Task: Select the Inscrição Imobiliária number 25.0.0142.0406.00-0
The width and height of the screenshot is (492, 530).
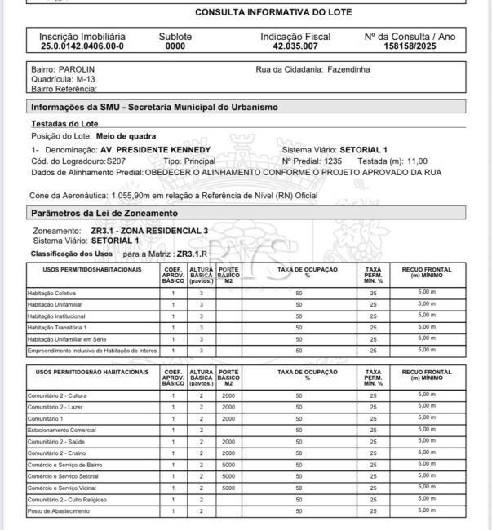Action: pos(82,46)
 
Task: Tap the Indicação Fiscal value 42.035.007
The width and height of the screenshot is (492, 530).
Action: pos(295,46)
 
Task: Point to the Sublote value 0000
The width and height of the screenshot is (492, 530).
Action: pos(175,46)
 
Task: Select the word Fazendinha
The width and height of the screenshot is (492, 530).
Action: pos(348,69)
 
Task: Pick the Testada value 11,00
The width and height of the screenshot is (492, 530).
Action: pos(416,161)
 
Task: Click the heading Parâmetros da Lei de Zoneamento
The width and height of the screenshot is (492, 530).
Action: pos(104,213)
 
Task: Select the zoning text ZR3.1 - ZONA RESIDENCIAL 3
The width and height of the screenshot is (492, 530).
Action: pos(149,231)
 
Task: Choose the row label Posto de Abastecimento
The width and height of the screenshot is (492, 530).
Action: pos(57,510)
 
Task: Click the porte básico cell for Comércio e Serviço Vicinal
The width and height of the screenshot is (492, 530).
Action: pos(228,488)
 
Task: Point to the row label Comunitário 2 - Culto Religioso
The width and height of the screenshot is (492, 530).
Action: pos(67,499)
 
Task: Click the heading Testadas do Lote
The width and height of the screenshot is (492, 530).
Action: pos(64,123)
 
